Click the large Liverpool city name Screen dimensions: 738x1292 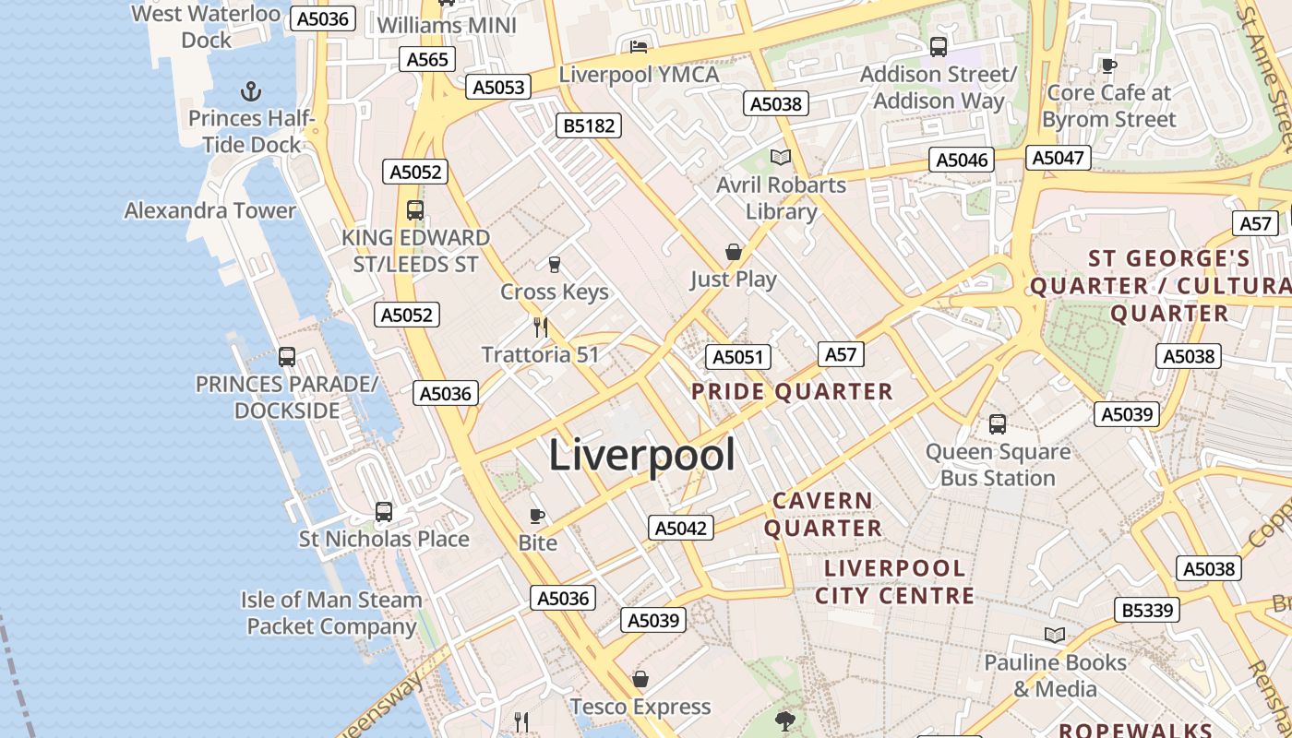click(x=642, y=455)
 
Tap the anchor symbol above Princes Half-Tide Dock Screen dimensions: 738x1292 click(x=250, y=91)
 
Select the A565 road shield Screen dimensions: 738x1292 click(x=428, y=60)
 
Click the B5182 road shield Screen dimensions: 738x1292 click(x=589, y=125)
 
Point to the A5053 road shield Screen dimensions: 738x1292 click(x=499, y=87)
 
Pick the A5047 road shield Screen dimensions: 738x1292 click(x=1058, y=158)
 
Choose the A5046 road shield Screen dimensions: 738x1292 click(x=963, y=161)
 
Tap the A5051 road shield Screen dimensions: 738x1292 click(x=738, y=357)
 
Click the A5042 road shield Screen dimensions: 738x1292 click(x=681, y=528)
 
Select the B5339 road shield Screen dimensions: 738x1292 click(x=1148, y=610)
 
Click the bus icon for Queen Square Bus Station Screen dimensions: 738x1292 click(x=998, y=424)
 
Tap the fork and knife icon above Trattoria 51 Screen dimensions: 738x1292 click(x=541, y=327)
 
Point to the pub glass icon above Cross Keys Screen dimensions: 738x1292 click(x=555, y=265)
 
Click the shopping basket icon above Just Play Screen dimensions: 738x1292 click(x=733, y=252)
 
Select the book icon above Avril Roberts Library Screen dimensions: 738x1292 click(x=781, y=157)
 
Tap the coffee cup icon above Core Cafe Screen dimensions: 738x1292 click(x=1108, y=65)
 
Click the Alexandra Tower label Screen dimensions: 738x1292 click(x=210, y=210)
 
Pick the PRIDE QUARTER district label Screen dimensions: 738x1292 click(x=792, y=391)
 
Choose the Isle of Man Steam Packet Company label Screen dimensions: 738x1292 click(x=331, y=613)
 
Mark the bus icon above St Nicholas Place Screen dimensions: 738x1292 click(x=384, y=511)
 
